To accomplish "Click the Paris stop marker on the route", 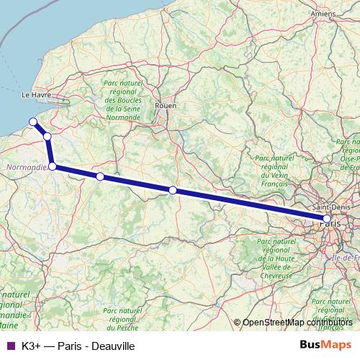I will (327, 218).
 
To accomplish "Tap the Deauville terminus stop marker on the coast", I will (32, 122).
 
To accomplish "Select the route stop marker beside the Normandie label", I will (52, 166).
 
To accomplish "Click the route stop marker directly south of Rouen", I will (173, 190).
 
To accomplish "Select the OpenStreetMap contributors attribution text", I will (297, 322).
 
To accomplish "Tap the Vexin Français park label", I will (274, 170).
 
